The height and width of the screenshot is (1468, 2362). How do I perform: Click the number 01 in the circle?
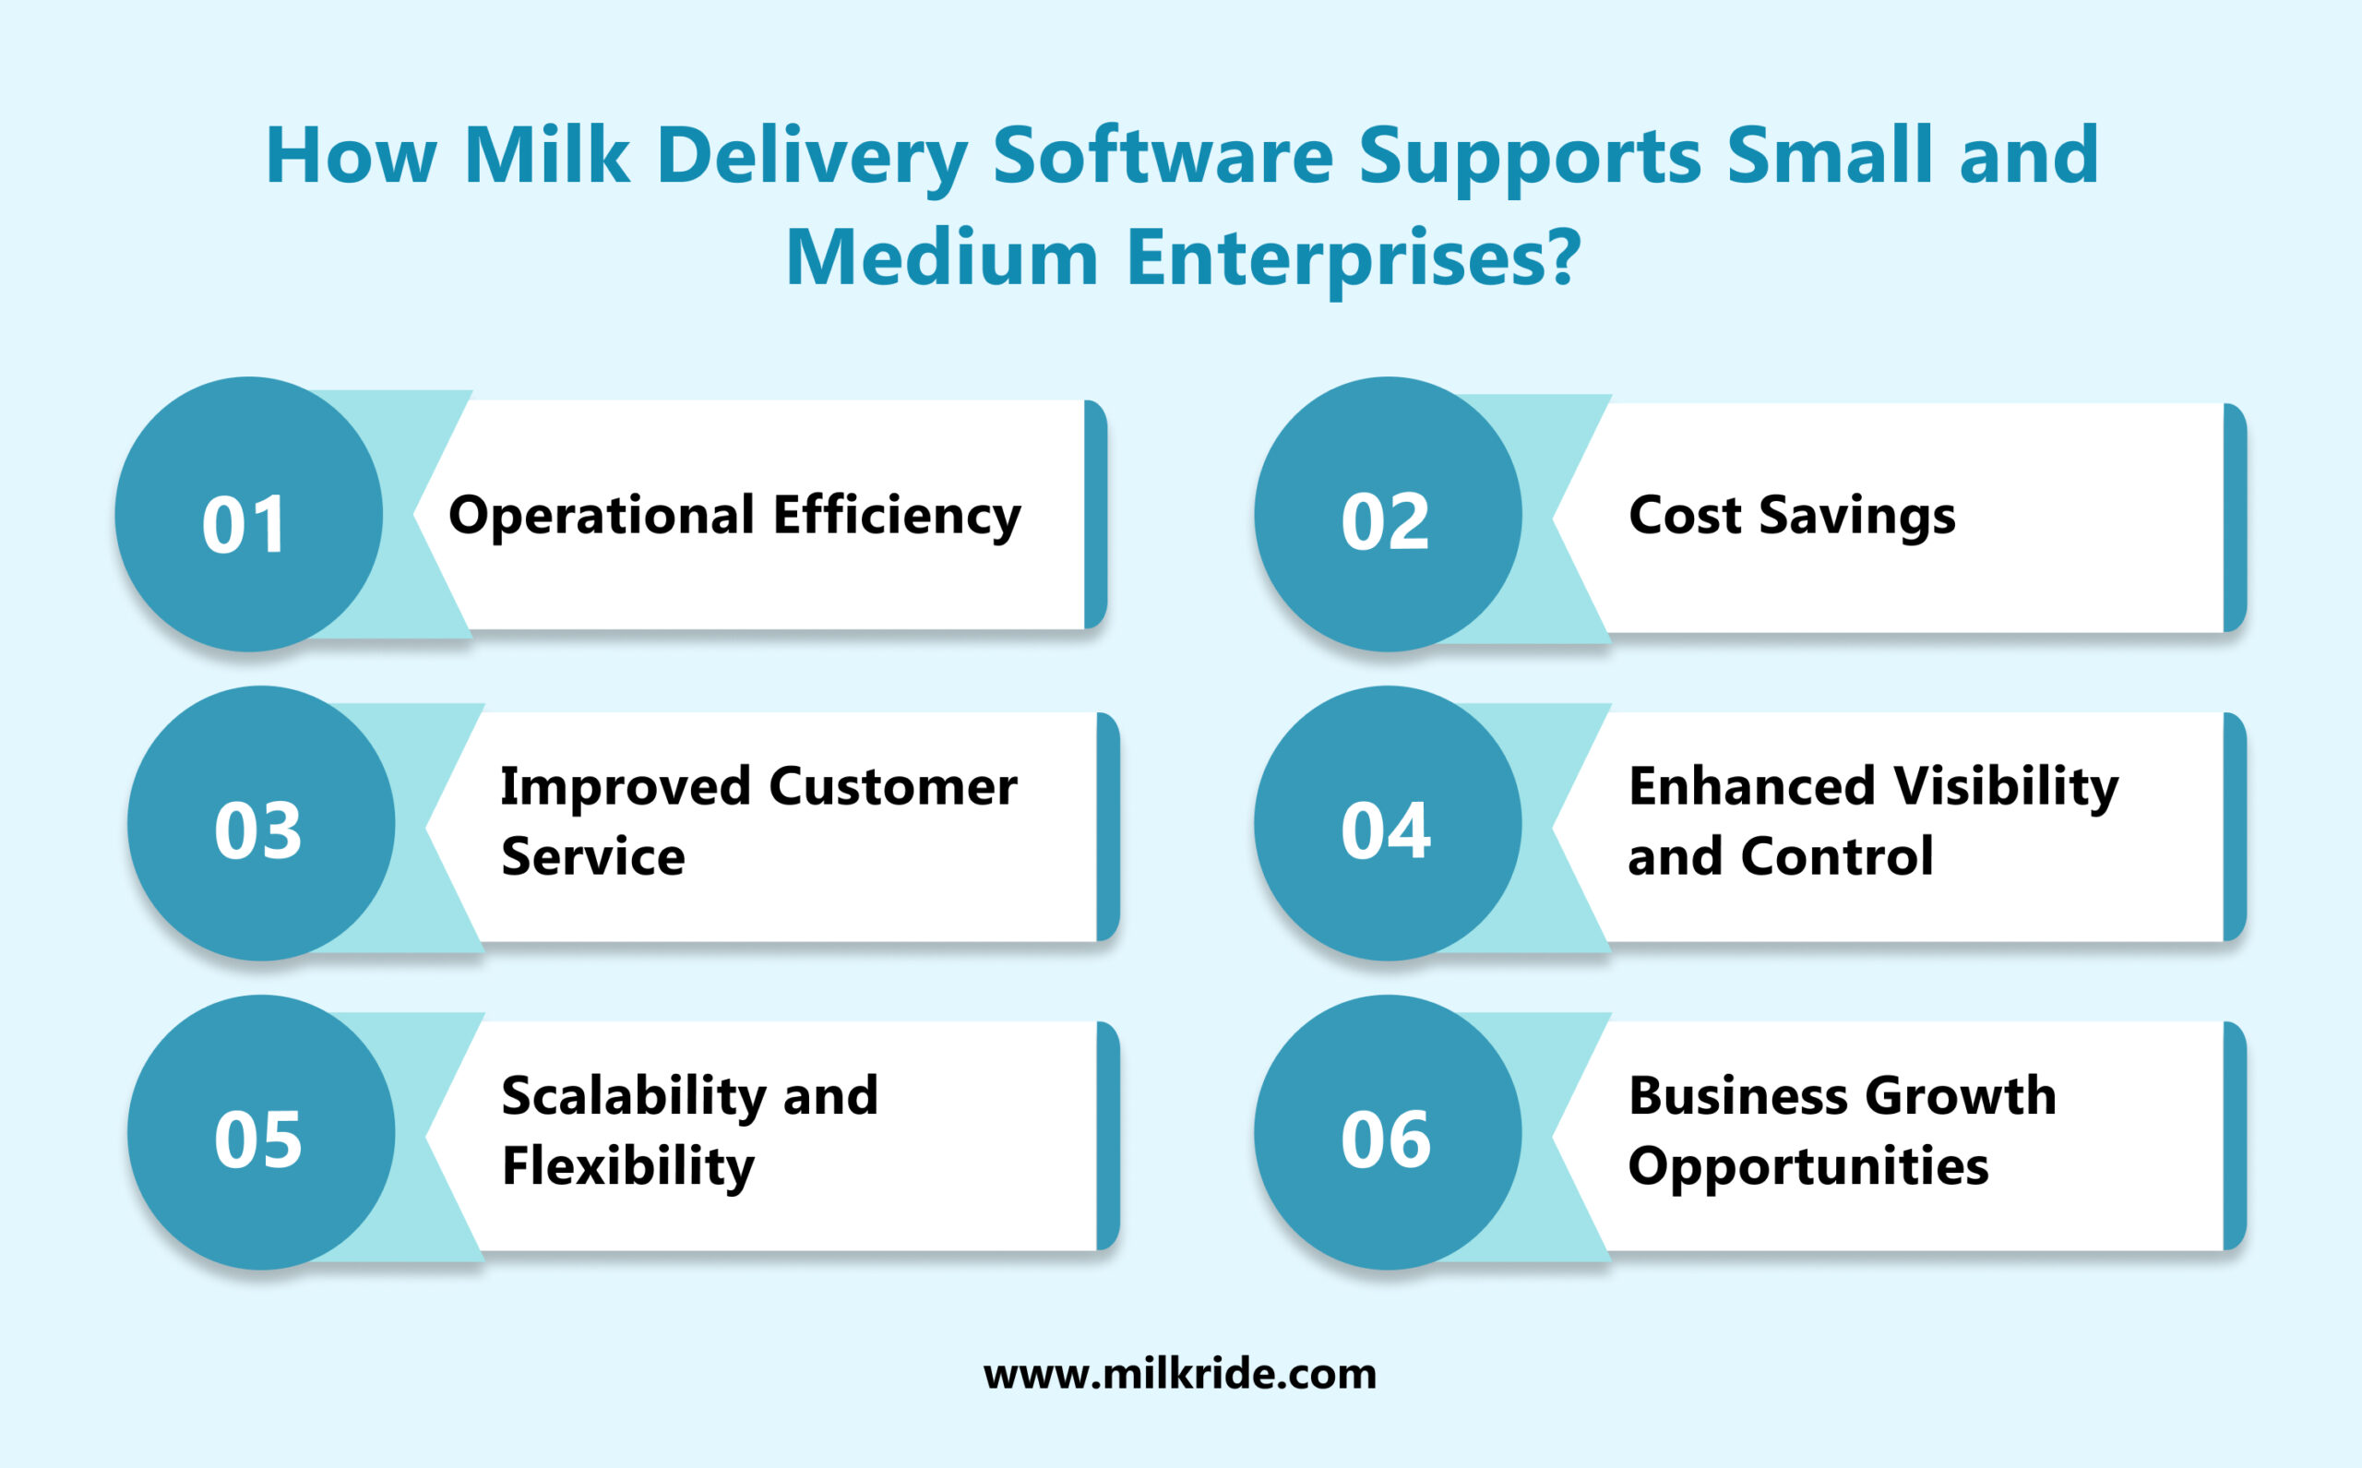click(x=245, y=525)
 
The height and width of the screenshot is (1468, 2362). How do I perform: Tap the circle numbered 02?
click(x=1385, y=522)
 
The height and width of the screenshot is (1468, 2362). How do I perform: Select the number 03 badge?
click(x=258, y=831)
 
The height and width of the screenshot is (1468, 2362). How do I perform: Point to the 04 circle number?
click(x=1385, y=831)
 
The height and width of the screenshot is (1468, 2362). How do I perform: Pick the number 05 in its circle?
click(x=258, y=1139)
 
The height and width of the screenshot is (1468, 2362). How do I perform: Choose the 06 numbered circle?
click(x=1385, y=1139)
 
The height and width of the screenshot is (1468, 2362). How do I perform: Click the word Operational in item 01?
click(x=601, y=516)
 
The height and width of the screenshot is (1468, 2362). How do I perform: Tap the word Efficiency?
click(x=897, y=516)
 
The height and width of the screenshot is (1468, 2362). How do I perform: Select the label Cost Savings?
click(x=1791, y=516)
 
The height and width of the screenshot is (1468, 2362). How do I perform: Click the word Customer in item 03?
click(x=893, y=786)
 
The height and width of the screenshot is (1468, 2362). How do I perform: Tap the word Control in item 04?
click(x=1837, y=856)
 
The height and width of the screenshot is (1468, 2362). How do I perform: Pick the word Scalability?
click(x=633, y=1096)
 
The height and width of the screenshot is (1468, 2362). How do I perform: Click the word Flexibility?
click(x=627, y=1166)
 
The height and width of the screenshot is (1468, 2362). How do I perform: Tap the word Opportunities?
click(x=1807, y=1166)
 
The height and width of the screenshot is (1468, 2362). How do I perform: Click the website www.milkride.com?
click(x=1179, y=1374)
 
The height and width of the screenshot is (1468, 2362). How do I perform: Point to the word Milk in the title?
click(x=546, y=155)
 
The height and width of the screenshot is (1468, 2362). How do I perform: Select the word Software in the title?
click(x=1162, y=155)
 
